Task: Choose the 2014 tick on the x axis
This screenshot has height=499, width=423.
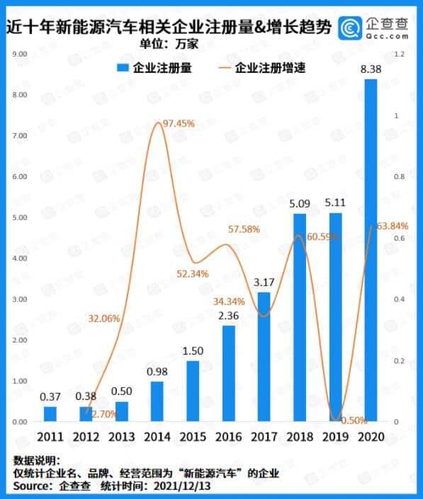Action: pos(157,437)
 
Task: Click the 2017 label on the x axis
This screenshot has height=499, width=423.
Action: pos(264,437)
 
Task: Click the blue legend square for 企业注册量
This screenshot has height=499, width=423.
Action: pos(122,69)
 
